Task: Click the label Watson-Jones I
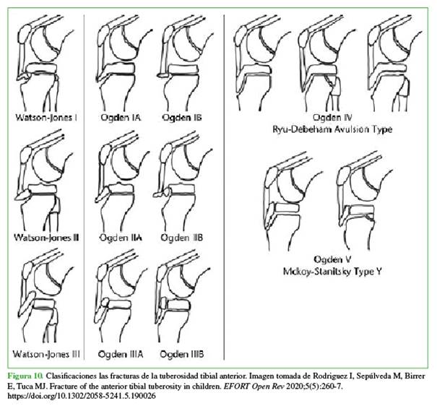[46, 117]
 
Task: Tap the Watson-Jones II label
[46, 238]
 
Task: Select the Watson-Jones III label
[46, 354]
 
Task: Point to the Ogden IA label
[121, 118]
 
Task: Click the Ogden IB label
[182, 118]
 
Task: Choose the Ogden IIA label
[121, 238]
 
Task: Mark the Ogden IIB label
[182, 238]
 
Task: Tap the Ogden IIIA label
[121, 355]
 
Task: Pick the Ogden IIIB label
[182, 355]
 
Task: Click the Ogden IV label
[332, 117]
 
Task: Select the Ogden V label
[332, 259]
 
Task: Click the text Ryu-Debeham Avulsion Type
[332, 129]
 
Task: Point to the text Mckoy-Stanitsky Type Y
[332, 272]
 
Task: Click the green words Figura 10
[25, 376]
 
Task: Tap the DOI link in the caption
[82, 396]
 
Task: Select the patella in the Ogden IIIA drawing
[102, 272]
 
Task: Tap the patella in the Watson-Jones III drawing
[27, 271]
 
